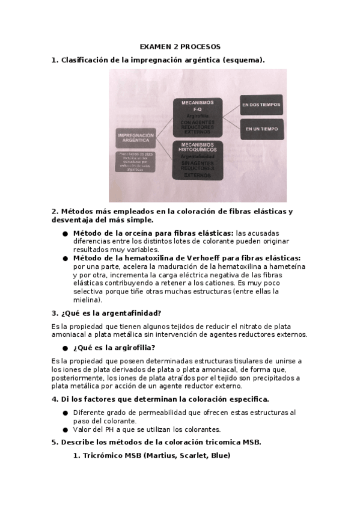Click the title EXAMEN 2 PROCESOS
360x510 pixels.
point(180,46)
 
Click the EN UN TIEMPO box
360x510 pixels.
point(261,129)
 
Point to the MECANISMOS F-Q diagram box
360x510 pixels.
point(197,117)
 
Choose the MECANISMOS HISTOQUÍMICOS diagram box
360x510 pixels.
point(197,160)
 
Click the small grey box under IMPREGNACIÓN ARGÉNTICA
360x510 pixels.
point(135,162)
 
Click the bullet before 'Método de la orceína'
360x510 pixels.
point(65,233)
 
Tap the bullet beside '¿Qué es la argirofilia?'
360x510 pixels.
point(65,348)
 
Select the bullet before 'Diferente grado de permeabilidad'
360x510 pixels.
point(65,413)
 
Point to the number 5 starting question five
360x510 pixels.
point(54,443)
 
